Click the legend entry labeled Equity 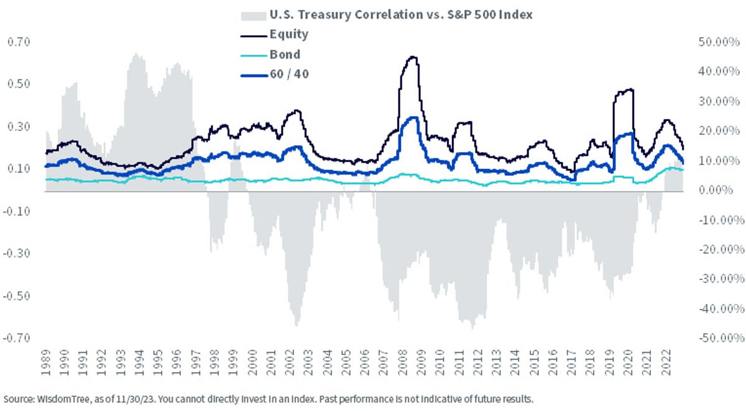(x=288, y=34)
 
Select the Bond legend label (x=285, y=55)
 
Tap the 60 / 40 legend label (x=289, y=74)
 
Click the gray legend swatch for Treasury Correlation (x=254, y=16)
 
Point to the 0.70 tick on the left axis (x=19, y=42)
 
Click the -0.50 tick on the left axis (x=17, y=296)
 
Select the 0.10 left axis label (x=19, y=169)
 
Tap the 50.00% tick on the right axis (x=719, y=42)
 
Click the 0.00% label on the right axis (x=716, y=190)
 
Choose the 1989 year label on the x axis (x=45, y=363)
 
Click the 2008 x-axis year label (x=403, y=363)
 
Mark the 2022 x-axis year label (x=666, y=363)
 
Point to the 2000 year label (x=252, y=363)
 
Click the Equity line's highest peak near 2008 (x=413, y=57)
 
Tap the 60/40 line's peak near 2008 (x=413, y=117)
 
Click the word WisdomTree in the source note (x=63, y=399)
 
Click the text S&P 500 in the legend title (x=466, y=15)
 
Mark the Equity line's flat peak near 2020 (x=624, y=91)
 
